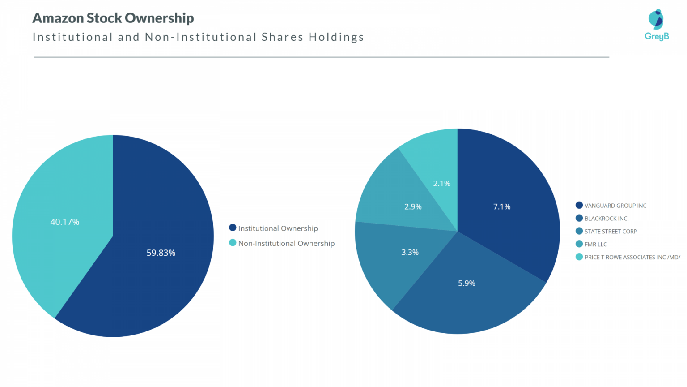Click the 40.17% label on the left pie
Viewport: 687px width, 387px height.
point(64,222)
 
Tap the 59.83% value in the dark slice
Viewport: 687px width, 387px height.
point(161,253)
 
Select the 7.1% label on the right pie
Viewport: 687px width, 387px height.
point(501,206)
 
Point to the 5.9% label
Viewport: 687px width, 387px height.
point(466,283)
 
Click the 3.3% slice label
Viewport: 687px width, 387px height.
point(410,252)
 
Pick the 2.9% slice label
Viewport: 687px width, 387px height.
point(413,206)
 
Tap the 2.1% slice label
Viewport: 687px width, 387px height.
point(441,183)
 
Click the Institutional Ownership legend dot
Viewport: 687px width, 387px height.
point(233,228)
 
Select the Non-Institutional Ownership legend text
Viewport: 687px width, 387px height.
point(286,243)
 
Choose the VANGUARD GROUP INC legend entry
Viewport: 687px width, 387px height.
point(615,206)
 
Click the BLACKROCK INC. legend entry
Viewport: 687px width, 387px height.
point(606,219)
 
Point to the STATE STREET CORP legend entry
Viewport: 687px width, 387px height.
point(610,232)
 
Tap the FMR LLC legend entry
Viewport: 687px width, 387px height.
point(595,245)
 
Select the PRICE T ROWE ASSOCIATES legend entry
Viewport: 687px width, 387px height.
point(632,257)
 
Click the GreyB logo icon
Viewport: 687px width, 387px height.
point(656,19)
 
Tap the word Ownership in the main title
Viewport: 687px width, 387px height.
point(159,18)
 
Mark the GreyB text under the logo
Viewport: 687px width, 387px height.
point(657,36)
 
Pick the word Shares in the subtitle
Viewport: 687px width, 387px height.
point(281,37)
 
